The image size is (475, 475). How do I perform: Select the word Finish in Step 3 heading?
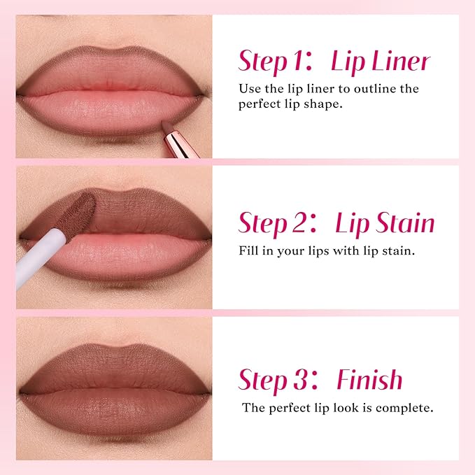[369, 380]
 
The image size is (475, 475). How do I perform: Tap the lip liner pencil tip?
[167, 125]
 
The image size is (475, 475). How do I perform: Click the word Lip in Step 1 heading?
[348, 62]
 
